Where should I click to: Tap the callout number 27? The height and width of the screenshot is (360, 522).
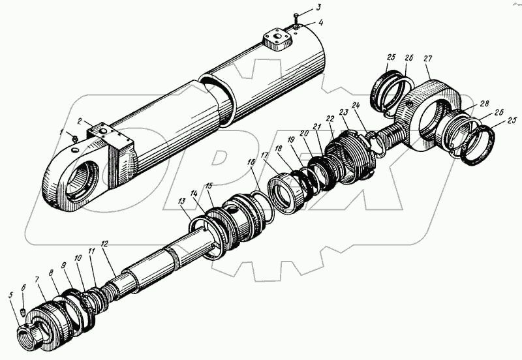coord(428,58)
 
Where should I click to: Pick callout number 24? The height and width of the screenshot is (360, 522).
coord(356,104)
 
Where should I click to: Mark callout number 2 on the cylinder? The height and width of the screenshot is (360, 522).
coord(80,121)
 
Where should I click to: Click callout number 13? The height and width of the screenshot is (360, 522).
coord(180,202)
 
